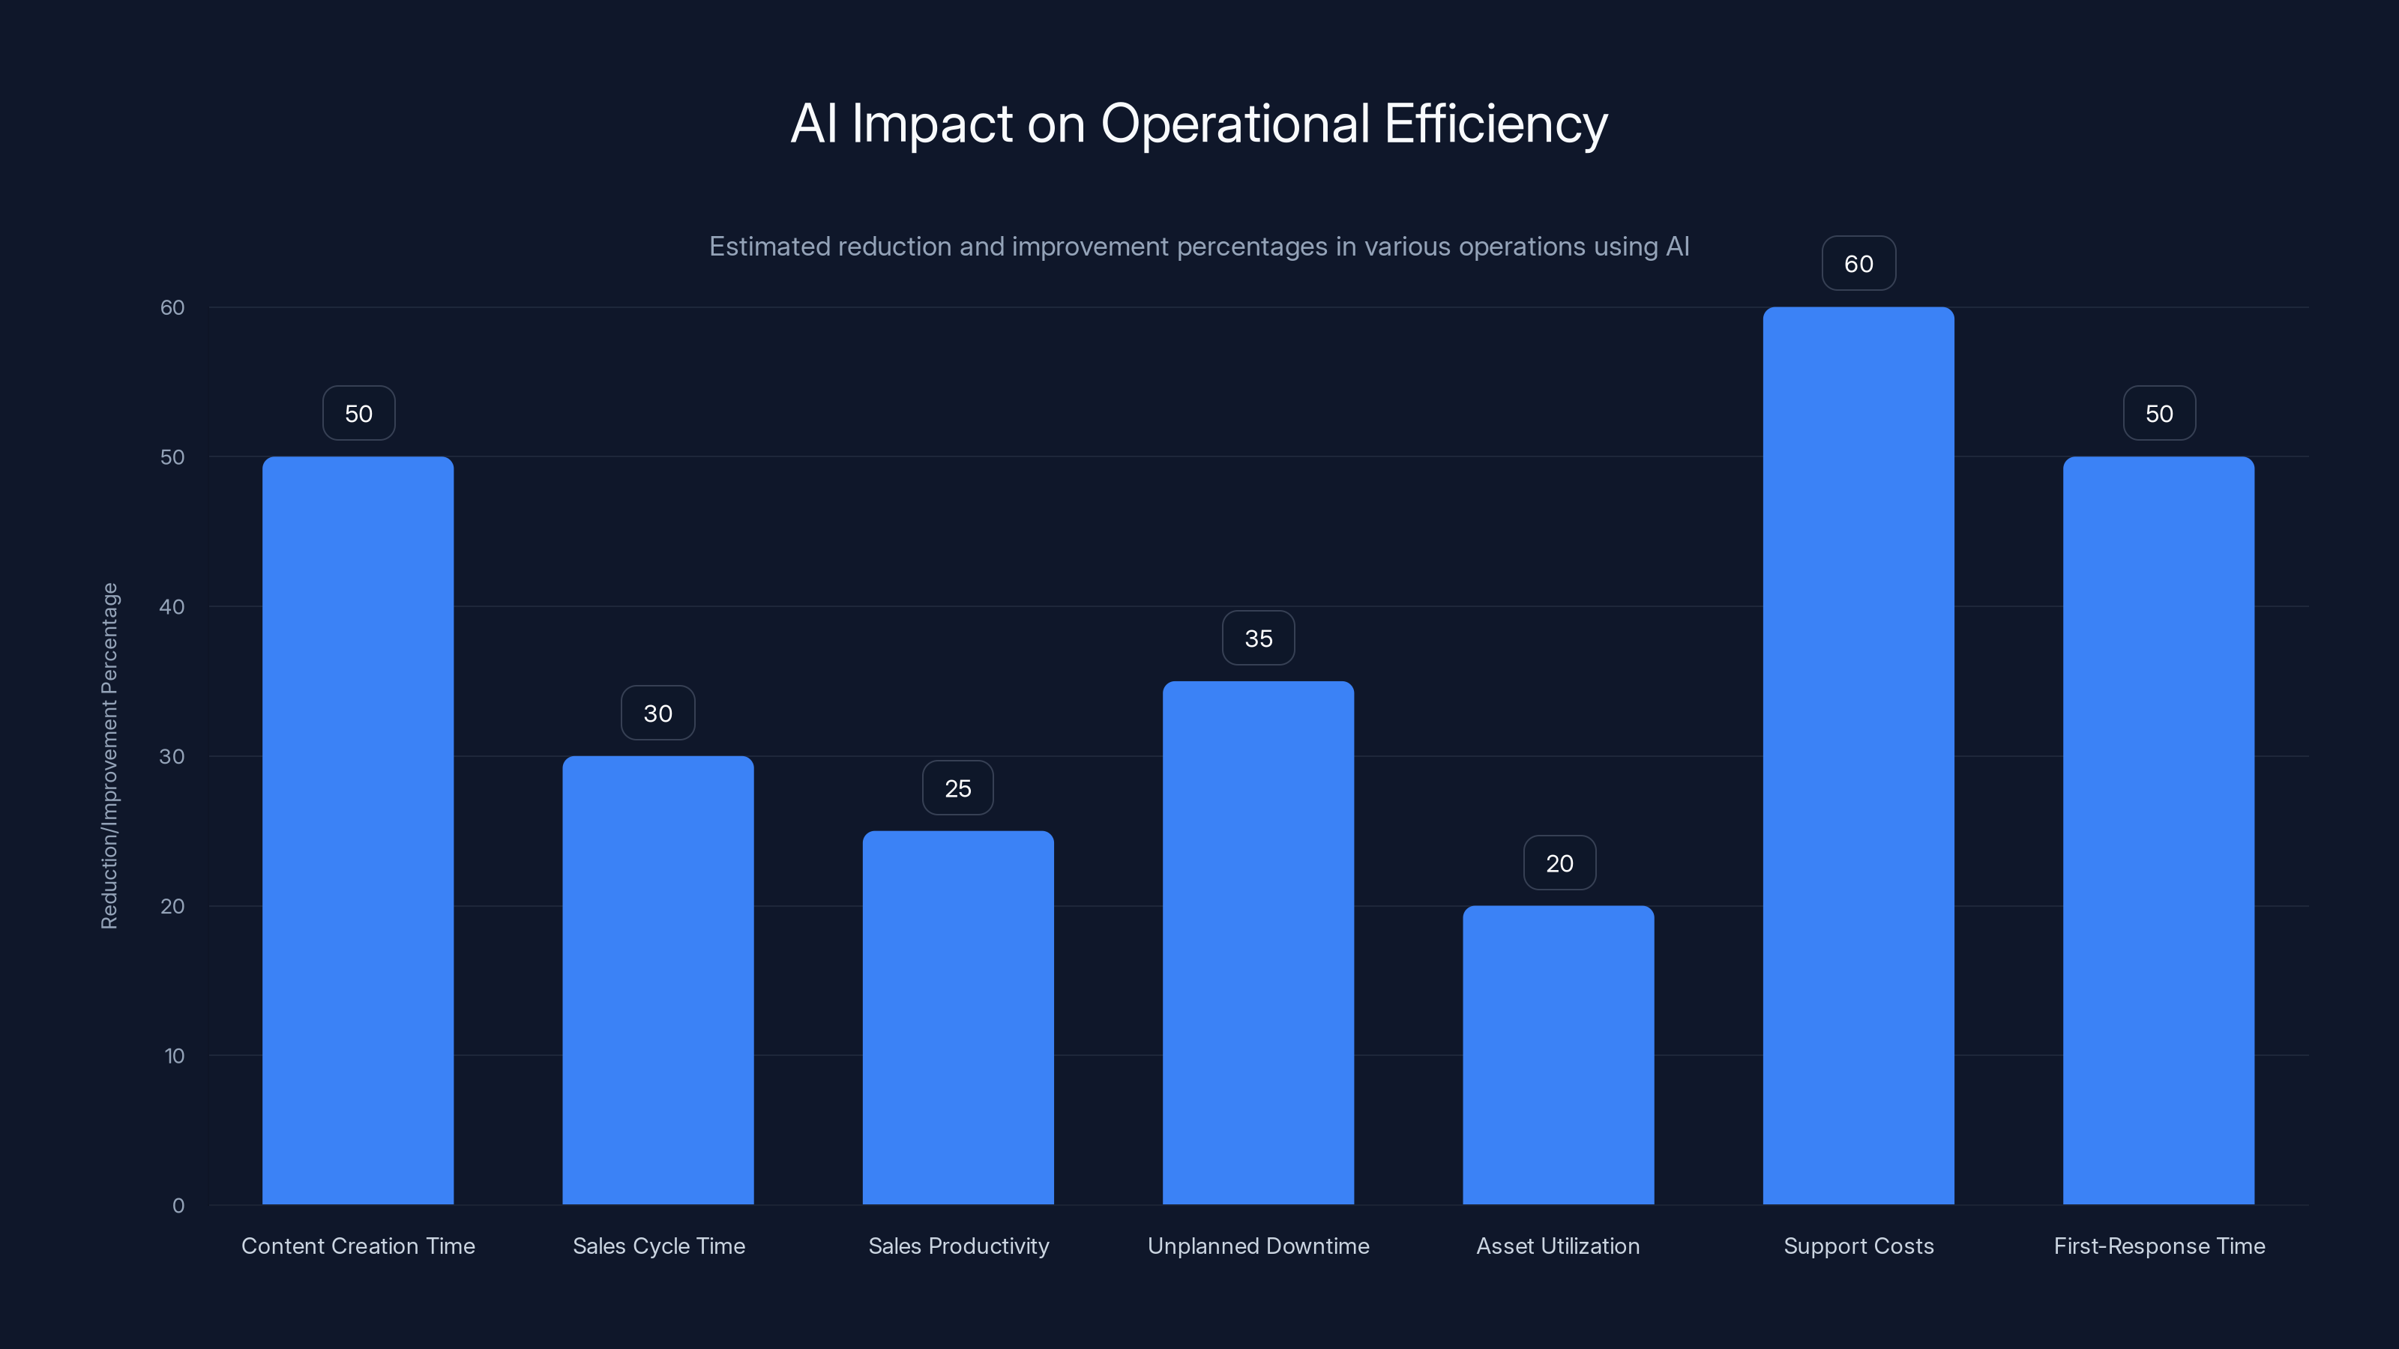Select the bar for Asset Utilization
tap(1558, 1054)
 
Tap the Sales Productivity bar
tap(957, 1017)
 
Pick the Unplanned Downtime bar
tap(1258, 942)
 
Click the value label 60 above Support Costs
tap(1858, 264)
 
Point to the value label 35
tap(1258, 639)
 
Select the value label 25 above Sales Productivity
tap(957, 788)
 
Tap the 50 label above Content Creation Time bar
tap(358, 414)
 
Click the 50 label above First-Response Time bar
tap(2159, 414)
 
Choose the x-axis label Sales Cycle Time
tap(658, 1246)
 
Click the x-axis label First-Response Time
tap(2159, 1246)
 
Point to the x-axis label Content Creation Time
tap(358, 1246)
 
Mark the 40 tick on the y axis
tap(172, 607)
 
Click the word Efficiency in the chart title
tap(1496, 124)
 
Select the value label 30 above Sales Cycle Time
tap(657, 713)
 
